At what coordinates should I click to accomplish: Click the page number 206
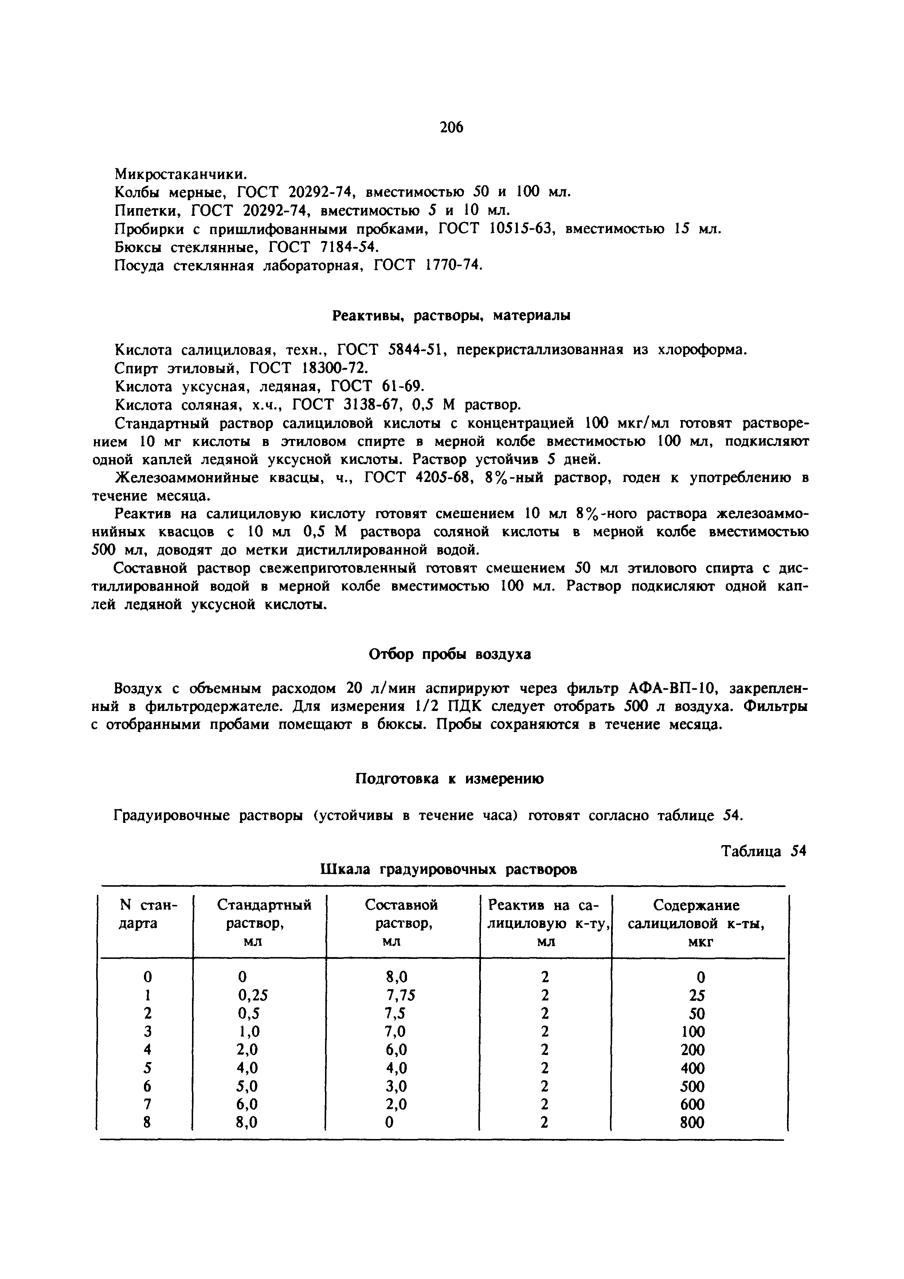pyautogui.click(x=451, y=128)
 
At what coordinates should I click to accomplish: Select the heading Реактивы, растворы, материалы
pyautogui.click(x=451, y=316)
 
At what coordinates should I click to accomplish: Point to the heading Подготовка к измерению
pyautogui.click(x=450, y=779)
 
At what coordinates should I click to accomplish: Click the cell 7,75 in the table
pyautogui.click(x=401, y=995)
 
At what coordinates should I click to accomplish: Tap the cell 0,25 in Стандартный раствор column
pyautogui.click(x=253, y=995)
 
